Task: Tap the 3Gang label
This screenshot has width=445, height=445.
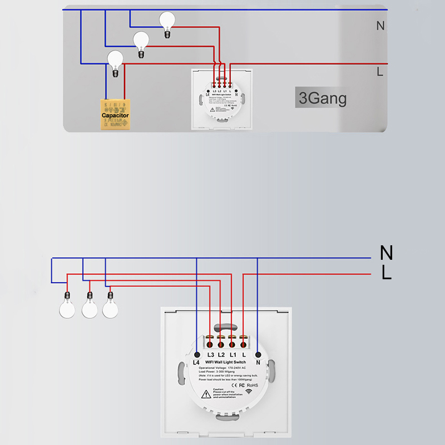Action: pos(323,98)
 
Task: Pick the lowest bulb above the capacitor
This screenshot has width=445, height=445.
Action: pos(115,60)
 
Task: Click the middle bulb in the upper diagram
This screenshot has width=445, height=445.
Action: pos(141,41)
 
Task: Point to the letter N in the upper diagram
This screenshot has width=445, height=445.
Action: pos(380,26)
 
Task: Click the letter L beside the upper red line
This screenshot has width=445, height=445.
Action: pos(380,71)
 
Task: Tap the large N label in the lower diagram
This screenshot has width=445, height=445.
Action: pos(386,254)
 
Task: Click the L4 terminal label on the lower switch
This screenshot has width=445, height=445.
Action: pos(196,363)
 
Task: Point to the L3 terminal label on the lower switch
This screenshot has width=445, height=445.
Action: pos(210,354)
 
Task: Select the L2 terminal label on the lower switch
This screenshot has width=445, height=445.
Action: pos(221,354)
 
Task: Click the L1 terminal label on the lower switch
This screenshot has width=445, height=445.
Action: pos(233,354)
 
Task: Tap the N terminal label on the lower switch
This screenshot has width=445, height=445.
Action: pos(258,363)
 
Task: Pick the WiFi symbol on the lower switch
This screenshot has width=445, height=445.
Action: pos(248,393)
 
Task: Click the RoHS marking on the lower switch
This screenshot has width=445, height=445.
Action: pos(253,384)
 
